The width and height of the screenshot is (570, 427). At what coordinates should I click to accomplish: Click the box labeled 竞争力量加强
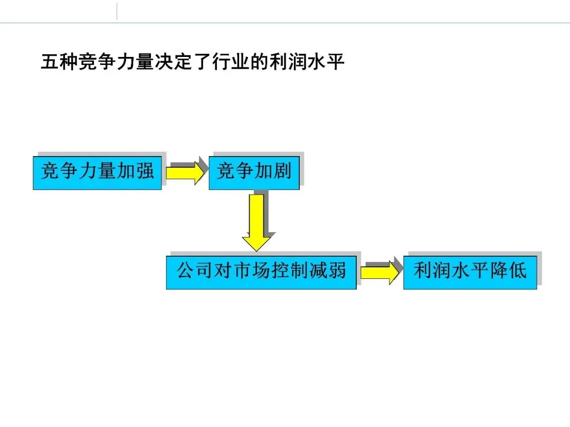click(97, 172)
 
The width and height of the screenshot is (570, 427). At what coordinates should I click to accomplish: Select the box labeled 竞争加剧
click(254, 172)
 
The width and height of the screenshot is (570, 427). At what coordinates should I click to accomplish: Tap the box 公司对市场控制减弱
click(261, 272)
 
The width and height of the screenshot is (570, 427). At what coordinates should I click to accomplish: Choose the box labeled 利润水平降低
click(470, 272)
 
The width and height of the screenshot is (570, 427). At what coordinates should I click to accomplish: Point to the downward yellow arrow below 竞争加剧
click(256, 221)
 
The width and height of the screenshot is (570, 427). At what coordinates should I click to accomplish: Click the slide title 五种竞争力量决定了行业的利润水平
click(193, 63)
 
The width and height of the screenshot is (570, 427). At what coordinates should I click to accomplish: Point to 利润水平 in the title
click(307, 63)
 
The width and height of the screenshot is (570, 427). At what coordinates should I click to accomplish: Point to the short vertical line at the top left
click(117, 12)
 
